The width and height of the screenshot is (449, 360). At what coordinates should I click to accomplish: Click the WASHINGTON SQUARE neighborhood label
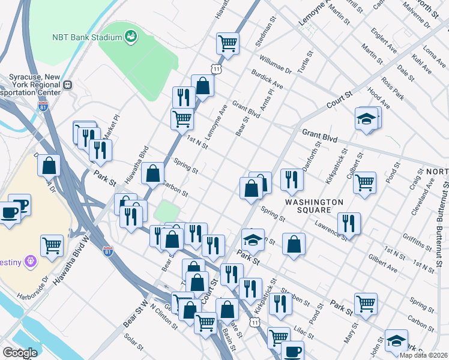click(x=313, y=206)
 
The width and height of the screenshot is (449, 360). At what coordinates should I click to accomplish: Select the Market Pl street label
click(x=113, y=127)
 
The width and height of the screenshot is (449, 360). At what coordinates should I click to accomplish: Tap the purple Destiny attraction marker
click(x=31, y=262)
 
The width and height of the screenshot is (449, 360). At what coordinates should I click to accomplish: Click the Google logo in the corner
click(x=19, y=353)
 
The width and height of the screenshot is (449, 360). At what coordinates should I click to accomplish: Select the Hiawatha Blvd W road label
click(x=80, y=238)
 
